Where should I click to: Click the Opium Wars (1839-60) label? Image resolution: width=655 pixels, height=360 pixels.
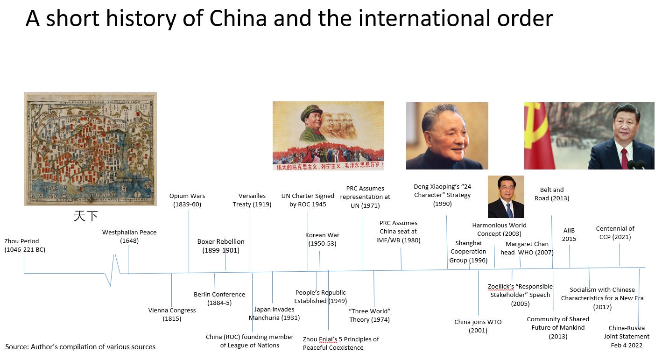pyautogui.click(x=187, y=200)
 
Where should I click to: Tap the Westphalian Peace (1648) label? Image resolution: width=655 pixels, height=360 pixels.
pyautogui.click(x=129, y=236)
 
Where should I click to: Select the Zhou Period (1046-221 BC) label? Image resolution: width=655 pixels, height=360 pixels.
pyautogui.click(x=25, y=245)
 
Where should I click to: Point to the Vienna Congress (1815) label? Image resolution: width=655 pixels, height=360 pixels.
pyautogui.click(x=172, y=314)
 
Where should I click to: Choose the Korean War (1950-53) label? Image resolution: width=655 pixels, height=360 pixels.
pyautogui.click(x=322, y=239)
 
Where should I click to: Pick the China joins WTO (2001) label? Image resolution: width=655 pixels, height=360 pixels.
pyautogui.click(x=478, y=326)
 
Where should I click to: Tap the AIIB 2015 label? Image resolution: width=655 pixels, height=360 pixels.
pyautogui.click(x=569, y=234)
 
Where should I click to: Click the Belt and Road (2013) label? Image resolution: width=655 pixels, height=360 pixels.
pyautogui.click(x=552, y=194)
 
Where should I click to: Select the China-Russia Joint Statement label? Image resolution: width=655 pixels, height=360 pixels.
pyautogui.click(x=627, y=336)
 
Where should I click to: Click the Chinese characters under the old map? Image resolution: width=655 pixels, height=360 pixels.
pyautogui.click(x=86, y=216)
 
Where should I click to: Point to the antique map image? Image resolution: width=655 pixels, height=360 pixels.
pyautogui.click(x=90, y=148)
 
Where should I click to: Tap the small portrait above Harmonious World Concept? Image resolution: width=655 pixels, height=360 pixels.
pyautogui.click(x=506, y=197)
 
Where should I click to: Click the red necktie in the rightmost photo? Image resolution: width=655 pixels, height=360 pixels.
pyautogui.click(x=624, y=158)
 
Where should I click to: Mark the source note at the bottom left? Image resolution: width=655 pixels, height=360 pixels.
pyautogui.click(x=80, y=346)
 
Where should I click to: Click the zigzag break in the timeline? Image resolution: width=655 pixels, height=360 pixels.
pyautogui.click(x=113, y=271)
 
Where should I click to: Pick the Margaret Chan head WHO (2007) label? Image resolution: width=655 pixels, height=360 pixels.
pyautogui.click(x=527, y=248)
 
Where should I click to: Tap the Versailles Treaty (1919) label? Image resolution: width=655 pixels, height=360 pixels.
pyautogui.click(x=252, y=200)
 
